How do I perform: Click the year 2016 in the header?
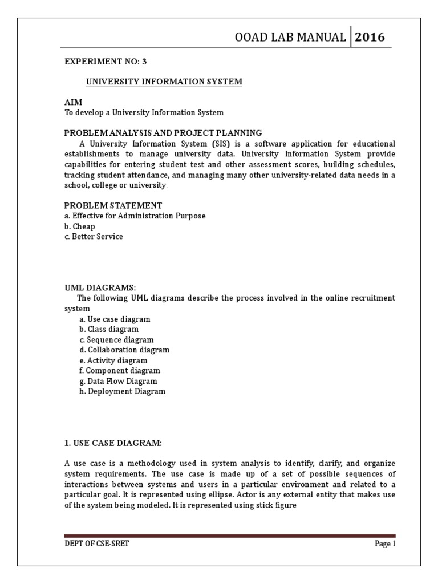[x=370, y=38]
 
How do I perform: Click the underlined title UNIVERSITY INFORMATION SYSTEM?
[x=164, y=82]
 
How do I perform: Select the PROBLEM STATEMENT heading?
[x=113, y=205]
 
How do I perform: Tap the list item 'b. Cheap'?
[x=79, y=226]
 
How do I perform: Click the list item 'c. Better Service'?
[x=93, y=236]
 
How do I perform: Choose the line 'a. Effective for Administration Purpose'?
[x=135, y=216]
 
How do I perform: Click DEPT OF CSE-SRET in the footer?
[x=96, y=544]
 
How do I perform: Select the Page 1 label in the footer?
[x=384, y=544]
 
